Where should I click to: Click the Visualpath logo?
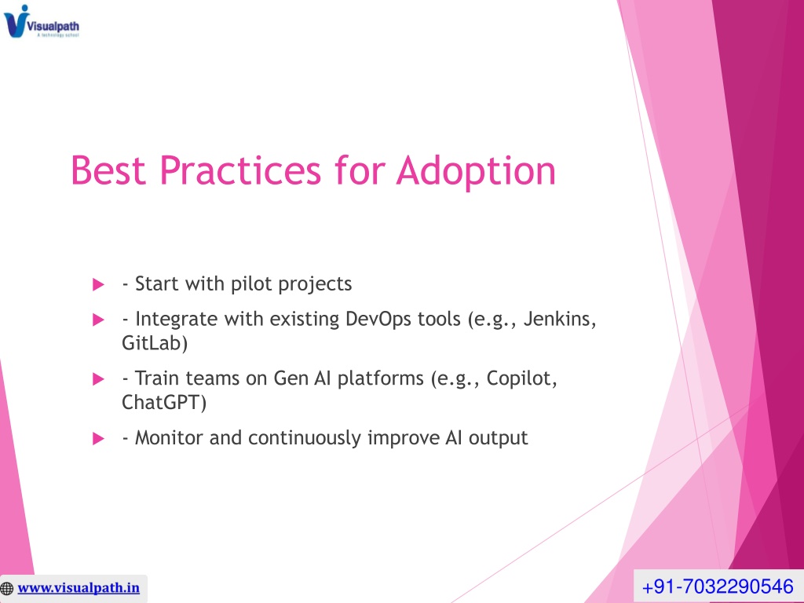click(x=42, y=21)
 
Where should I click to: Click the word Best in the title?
click(x=108, y=170)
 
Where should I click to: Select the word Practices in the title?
click(x=240, y=170)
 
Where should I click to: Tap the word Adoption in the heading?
click(x=476, y=171)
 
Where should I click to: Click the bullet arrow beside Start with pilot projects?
click(x=98, y=284)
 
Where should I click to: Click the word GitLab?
click(x=155, y=343)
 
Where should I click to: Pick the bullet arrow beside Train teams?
click(x=98, y=379)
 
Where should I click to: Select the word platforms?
click(x=381, y=379)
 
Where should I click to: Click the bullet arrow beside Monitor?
click(x=98, y=438)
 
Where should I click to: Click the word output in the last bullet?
click(x=498, y=439)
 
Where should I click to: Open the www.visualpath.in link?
click(x=79, y=587)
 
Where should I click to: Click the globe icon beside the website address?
click(x=7, y=588)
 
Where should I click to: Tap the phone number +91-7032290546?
click(x=718, y=586)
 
